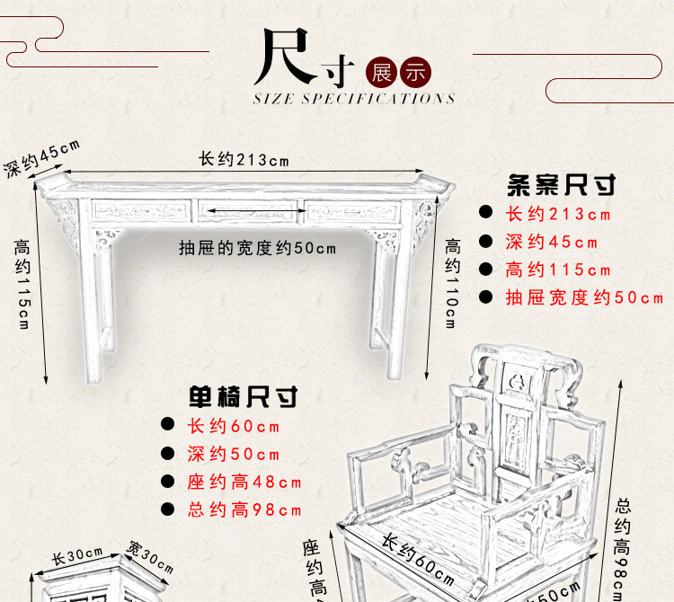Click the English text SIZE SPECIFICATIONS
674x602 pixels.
(x=354, y=98)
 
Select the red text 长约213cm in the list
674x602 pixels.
(x=557, y=214)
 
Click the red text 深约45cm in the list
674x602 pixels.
(x=551, y=242)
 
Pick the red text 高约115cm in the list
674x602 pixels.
(x=557, y=270)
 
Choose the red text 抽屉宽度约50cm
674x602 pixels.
(x=584, y=297)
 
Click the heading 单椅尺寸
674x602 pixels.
(x=243, y=396)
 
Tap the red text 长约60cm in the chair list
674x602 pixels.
(x=233, y=426)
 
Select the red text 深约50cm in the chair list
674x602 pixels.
(x=233, y=454)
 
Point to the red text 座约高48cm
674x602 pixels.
(x=244, y=482)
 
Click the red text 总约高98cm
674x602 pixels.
(x=244, y=509)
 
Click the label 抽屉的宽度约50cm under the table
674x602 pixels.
(x=257, y=248)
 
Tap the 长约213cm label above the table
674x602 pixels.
(x=244, y=160)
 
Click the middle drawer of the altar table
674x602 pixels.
(x=247, y=212)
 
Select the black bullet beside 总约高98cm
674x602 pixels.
(x=167, y=509)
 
